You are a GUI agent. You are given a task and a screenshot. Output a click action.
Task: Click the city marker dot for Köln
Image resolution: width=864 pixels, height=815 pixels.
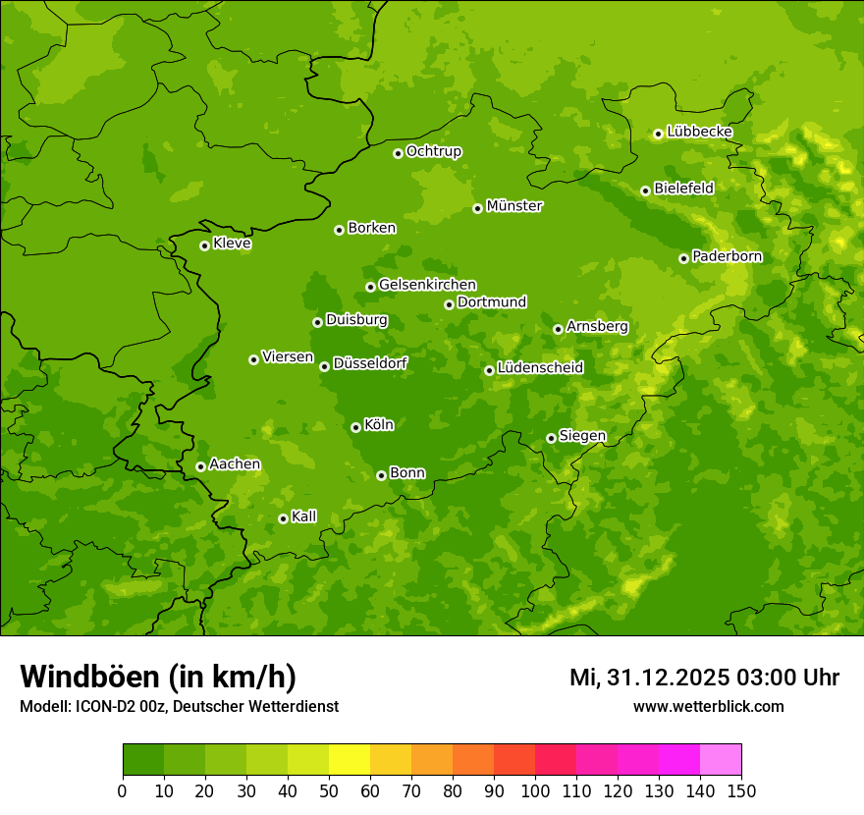(x=355, y=427)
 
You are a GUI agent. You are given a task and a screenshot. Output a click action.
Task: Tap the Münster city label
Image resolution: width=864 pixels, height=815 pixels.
(x=514, y=206)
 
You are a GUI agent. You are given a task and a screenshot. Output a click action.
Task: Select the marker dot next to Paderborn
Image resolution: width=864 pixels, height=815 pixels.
(x=684, y=258)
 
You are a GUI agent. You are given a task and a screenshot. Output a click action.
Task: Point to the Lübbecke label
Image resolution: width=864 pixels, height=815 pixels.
(x=699, y=132)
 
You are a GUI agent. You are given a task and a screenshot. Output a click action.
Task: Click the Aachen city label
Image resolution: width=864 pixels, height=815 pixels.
(x=235, y=464)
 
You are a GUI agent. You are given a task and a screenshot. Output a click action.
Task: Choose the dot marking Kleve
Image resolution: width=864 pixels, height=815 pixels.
(x=204, y=245)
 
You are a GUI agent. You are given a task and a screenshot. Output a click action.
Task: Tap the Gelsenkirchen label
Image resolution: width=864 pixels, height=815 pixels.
(x=427, y=285)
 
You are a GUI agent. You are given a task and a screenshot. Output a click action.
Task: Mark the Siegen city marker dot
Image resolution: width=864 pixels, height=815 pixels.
(x=551, y=438)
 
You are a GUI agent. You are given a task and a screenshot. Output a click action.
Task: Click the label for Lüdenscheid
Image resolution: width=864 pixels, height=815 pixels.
(x=540, y=368)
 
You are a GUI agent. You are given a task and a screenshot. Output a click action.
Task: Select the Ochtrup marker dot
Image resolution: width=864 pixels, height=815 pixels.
(x=398, y=153)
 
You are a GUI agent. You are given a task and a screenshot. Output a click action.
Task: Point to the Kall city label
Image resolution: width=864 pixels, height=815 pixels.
(x=303, y=516)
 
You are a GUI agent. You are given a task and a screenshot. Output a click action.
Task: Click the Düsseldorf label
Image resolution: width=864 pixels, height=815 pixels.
(x=370, y=363)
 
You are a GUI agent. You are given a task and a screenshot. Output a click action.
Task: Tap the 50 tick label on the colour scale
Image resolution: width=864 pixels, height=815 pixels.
(x=329, y=790)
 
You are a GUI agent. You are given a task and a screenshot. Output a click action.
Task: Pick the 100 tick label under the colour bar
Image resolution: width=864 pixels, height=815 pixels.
(x=535, y=790)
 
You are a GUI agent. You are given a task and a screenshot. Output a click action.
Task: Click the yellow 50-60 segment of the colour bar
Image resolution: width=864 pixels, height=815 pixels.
(x=350, y=760)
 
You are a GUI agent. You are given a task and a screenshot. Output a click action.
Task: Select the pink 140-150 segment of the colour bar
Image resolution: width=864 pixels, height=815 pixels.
(x=721, y=760)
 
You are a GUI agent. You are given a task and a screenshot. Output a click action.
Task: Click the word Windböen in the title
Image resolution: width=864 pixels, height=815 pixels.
(x=89, y=678)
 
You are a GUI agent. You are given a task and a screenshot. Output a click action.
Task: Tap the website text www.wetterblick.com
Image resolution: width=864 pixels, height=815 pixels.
(x=708, y=706)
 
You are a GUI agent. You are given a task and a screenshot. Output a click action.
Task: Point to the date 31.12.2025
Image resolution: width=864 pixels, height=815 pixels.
(x=668, y=678)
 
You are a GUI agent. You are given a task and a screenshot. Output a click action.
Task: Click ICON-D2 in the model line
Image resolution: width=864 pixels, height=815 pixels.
(x=102, y=706)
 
